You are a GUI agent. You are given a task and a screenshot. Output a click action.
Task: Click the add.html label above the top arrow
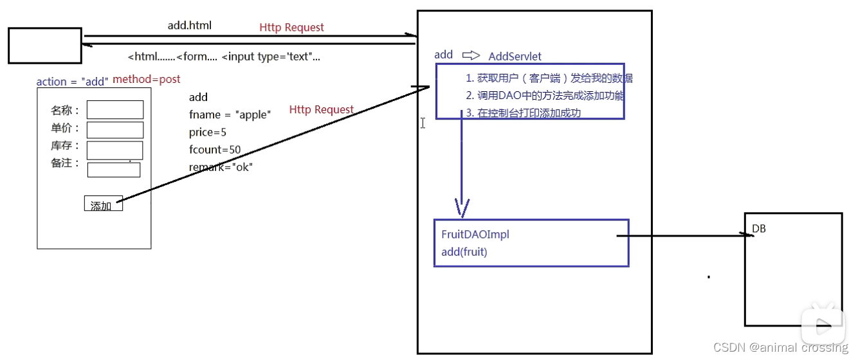(189, 26)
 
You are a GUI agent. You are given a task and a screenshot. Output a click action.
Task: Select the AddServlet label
(515, 57)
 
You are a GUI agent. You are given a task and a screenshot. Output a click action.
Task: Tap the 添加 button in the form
(103, 204)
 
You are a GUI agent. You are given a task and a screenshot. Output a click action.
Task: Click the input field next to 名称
(115, 110)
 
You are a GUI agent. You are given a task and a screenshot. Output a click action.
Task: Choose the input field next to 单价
(115, 130)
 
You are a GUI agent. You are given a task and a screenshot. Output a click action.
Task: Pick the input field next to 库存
(115, 150)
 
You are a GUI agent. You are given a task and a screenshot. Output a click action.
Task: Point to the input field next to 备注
(114, 170)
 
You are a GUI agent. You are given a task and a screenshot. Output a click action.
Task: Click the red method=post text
(147, 80)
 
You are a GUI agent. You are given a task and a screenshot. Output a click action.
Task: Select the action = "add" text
(72, 82)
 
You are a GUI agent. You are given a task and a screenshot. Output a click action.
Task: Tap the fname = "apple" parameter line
(230, 115)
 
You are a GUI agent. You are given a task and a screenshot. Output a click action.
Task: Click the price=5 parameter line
(208, 132)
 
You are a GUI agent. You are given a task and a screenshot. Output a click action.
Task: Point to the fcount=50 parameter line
(215, 150)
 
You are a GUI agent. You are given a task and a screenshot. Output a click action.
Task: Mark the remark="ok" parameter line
(221, 167)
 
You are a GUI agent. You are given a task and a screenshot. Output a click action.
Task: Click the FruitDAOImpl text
(475, 235)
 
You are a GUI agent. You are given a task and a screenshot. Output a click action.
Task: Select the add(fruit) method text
(464, 252)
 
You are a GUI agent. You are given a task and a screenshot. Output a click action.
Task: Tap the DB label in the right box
(759, 229)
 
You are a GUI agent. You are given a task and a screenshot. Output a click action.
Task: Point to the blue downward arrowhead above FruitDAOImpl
(462, 207)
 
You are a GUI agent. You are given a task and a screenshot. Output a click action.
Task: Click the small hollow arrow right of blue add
(471, 55)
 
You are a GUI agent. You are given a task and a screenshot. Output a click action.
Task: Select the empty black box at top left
(45, 45)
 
